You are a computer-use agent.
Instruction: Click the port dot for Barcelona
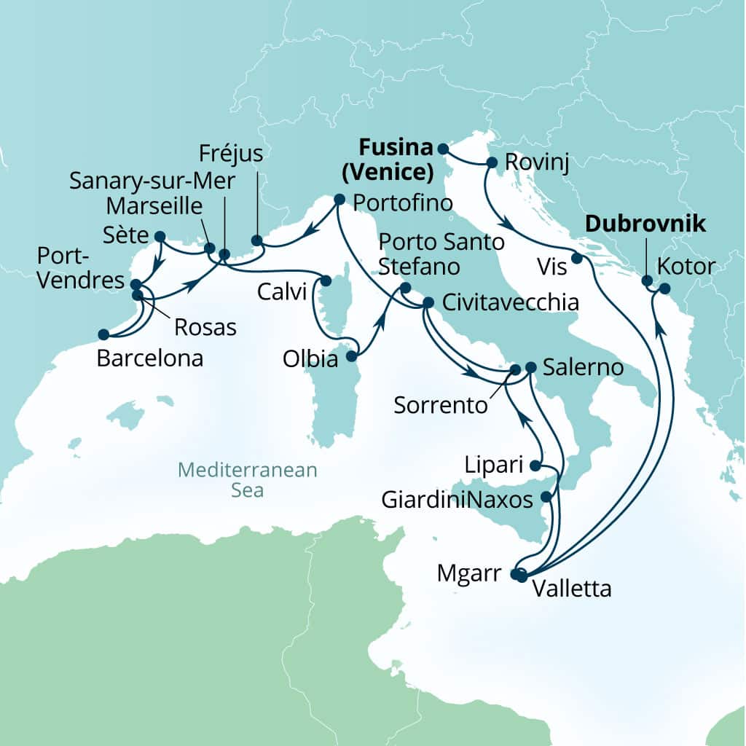point(103,334)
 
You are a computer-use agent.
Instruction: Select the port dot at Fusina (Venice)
point(442,149)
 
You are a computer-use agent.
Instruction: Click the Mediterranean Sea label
point(248,480)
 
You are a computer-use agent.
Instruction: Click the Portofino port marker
point(339,198)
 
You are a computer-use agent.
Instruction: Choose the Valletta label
point(572,588)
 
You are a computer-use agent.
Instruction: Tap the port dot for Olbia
point(351,356)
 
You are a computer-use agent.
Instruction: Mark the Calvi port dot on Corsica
point(326,280)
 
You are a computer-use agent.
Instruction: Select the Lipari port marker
point(535,466)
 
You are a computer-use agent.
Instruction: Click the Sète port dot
point(160,236)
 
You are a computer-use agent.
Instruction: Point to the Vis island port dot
point(576,258)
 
